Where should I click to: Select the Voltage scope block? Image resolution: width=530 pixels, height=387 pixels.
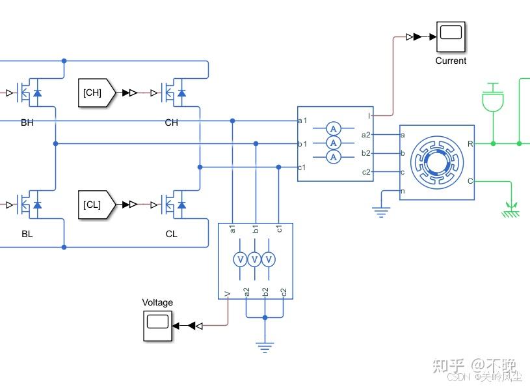pos(157,325)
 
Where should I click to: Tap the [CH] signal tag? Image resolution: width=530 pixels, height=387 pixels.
pos(95,93)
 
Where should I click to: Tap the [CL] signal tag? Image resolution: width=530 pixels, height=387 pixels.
pos(95,205)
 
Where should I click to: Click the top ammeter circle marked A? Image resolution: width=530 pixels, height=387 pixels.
pos(334,128)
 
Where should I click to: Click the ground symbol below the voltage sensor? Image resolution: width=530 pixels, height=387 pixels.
pos(264,346)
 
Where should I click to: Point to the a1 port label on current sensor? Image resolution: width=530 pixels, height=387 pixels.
pos(302,121)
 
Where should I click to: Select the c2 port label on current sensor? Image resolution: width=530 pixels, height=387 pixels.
pos(366,172)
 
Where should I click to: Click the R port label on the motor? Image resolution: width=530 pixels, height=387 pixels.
pos(470,143)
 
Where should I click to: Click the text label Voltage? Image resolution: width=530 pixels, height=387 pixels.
pos(157,302)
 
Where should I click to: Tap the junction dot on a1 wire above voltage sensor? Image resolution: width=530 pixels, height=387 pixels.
pos(232,121)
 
